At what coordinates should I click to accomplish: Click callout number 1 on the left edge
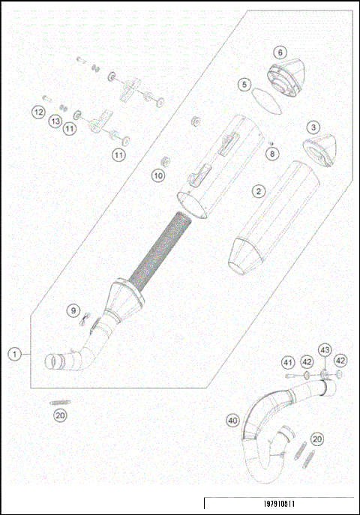(x=14, y=353)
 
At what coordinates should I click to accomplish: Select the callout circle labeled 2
(x=258, y=191)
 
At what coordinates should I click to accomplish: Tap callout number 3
(x=313, y=127)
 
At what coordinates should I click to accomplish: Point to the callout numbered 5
(x=244, y=85)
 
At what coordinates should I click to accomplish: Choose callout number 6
(x=279, y=52)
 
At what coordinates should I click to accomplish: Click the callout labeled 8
(x=272, y=154)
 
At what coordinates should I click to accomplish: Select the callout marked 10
(x=157, y=175)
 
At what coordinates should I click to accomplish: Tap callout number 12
(x=38, y=112)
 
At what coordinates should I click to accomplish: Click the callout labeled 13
(x=55, y=121)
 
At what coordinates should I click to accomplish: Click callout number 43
(x=325, y=350)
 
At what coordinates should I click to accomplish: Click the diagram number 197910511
(x=279, y=505)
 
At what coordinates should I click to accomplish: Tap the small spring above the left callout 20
(x=60, y=403)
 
